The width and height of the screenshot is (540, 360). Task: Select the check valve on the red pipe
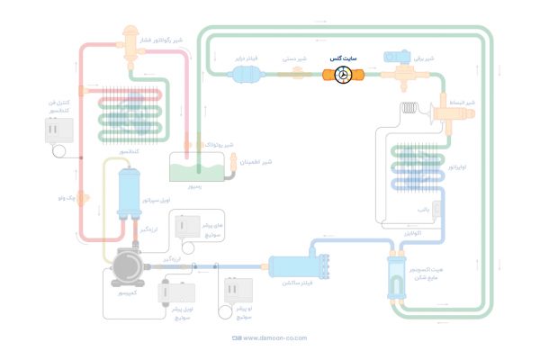82,196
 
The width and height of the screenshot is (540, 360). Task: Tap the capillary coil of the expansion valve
411,111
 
